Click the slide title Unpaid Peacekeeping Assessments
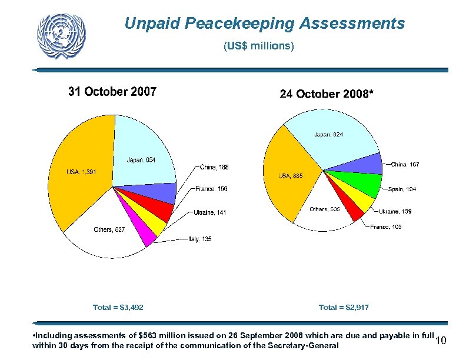click(264, 24)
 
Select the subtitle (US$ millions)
click(259, 45)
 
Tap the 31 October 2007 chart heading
click(112, 92)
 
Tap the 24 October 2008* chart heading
click(326, 94)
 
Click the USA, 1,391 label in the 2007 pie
click(81, 172)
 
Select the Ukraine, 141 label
click(210, 212)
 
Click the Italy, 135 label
click(199, 239)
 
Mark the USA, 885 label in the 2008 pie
click(291, 175)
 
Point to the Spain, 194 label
click(402, 189)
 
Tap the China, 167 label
click(405, 165)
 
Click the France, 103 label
click(386, 227)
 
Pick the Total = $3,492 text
click(118, 307)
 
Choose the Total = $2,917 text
click(344, 307)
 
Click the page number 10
click(442, 342)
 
